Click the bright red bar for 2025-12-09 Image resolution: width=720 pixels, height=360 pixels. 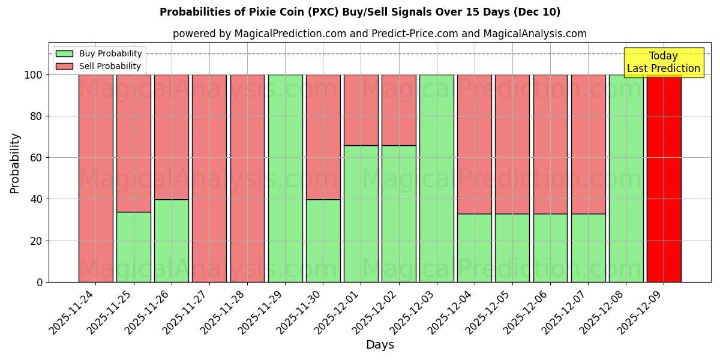click(x=664, y=180)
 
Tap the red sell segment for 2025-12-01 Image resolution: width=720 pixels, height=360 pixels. click(x=361, y=110)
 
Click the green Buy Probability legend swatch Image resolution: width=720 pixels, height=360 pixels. click(x=64, y=54)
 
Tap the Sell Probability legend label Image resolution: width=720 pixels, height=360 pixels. click(x=110, y=67)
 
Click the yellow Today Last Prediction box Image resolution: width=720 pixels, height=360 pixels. click(x=663, y=62)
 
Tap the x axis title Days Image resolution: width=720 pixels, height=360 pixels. click(x=380, y=345)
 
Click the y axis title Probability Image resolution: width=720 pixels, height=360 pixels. click(x=15, y=163)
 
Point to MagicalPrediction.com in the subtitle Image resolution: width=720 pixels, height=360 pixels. click(x=290, y=34)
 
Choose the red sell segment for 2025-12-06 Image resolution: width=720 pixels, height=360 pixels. click(x=550, y=144)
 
